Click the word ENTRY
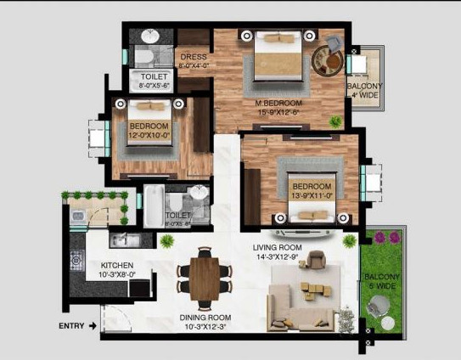71,325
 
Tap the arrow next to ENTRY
93,325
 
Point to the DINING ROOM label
205,319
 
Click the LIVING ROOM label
277,249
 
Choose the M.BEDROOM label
280,103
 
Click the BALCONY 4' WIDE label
364,91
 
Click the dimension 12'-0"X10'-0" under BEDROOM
150,133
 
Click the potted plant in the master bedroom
336,121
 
